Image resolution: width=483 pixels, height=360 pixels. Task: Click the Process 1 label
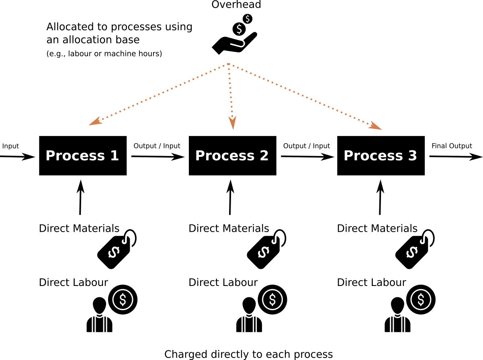82,156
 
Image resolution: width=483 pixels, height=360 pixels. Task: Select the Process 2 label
231,156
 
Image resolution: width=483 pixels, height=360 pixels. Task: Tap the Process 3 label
380,156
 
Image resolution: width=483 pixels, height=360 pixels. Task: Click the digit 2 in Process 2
264,156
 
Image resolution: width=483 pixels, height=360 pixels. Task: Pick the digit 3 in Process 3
413,156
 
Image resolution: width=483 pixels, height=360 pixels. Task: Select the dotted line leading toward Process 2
230,91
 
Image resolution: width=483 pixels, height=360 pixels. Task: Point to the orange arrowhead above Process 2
233,123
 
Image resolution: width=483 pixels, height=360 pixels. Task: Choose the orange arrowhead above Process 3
375,125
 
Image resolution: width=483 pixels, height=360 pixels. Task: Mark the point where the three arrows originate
228,64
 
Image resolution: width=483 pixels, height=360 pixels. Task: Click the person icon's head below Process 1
99,304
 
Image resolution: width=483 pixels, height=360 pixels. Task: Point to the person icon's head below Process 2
249,304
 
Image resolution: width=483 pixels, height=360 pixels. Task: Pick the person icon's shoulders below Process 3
397,325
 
